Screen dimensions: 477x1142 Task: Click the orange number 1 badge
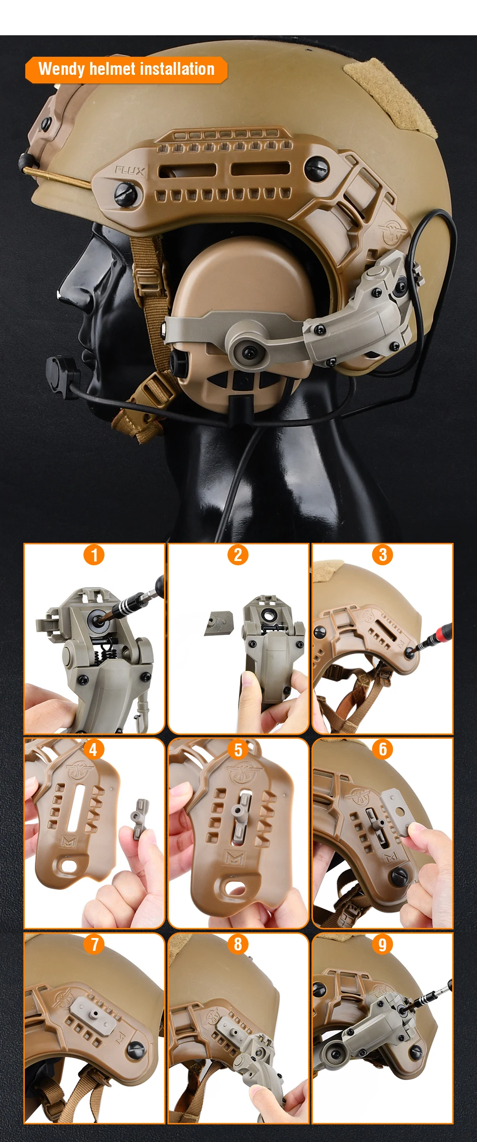coord(94,555)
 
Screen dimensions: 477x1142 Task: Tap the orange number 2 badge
coord(238,555)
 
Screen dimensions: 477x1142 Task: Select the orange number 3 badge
coord(383,555)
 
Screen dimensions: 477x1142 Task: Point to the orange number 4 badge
coord(93,750)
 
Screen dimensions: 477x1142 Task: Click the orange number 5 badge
coord(238,750)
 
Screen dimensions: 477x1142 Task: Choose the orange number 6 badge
coord(383,750)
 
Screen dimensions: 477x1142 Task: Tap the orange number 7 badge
coord(94,944)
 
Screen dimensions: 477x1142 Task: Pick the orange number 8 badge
coord(238,944)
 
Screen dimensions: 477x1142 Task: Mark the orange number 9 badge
coord(383,944)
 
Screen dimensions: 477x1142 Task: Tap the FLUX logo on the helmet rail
coord(129,170)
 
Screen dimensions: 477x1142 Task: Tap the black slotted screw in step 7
coord(136,1049)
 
